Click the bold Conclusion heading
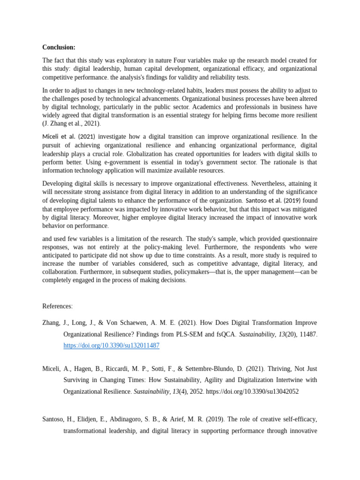pyautogui.click(x=59, y=47)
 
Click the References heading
pyautogui.click(x=58, y=306)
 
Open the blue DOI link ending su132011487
pyautogui.click(x=112, y=345)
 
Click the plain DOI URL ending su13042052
pyautogui.click(x=252, y=391)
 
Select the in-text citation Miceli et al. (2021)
pyautogui.click(x=68, y=136)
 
